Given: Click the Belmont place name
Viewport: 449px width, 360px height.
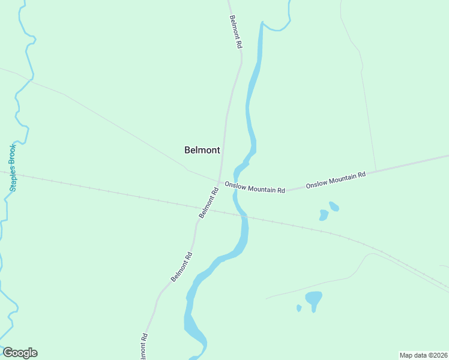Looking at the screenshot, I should (x=202, y=150).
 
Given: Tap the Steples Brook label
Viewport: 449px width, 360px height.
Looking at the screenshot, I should (x=13, y=167).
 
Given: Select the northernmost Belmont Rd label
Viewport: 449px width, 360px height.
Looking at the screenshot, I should (x=236, y=32).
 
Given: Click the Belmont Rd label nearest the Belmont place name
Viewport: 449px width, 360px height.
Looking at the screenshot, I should (x=208, y=203).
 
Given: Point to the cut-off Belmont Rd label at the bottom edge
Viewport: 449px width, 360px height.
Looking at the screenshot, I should (x=143, y=347).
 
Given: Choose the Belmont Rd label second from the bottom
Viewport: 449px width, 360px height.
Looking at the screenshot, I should (x=181, y=266).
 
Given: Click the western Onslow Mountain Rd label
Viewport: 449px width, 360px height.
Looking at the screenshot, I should (x=255, y=187).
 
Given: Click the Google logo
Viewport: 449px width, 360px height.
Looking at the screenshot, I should (x=20, y=353).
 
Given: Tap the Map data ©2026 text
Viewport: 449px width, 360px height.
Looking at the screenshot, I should (x=423, y=355).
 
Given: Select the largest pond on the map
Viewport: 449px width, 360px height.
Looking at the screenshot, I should (x=313, y=298).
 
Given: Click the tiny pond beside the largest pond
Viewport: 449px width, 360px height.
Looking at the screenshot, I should (x=299, y=308).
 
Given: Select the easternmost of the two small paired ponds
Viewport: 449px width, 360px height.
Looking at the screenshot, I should (x=334, y=206).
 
